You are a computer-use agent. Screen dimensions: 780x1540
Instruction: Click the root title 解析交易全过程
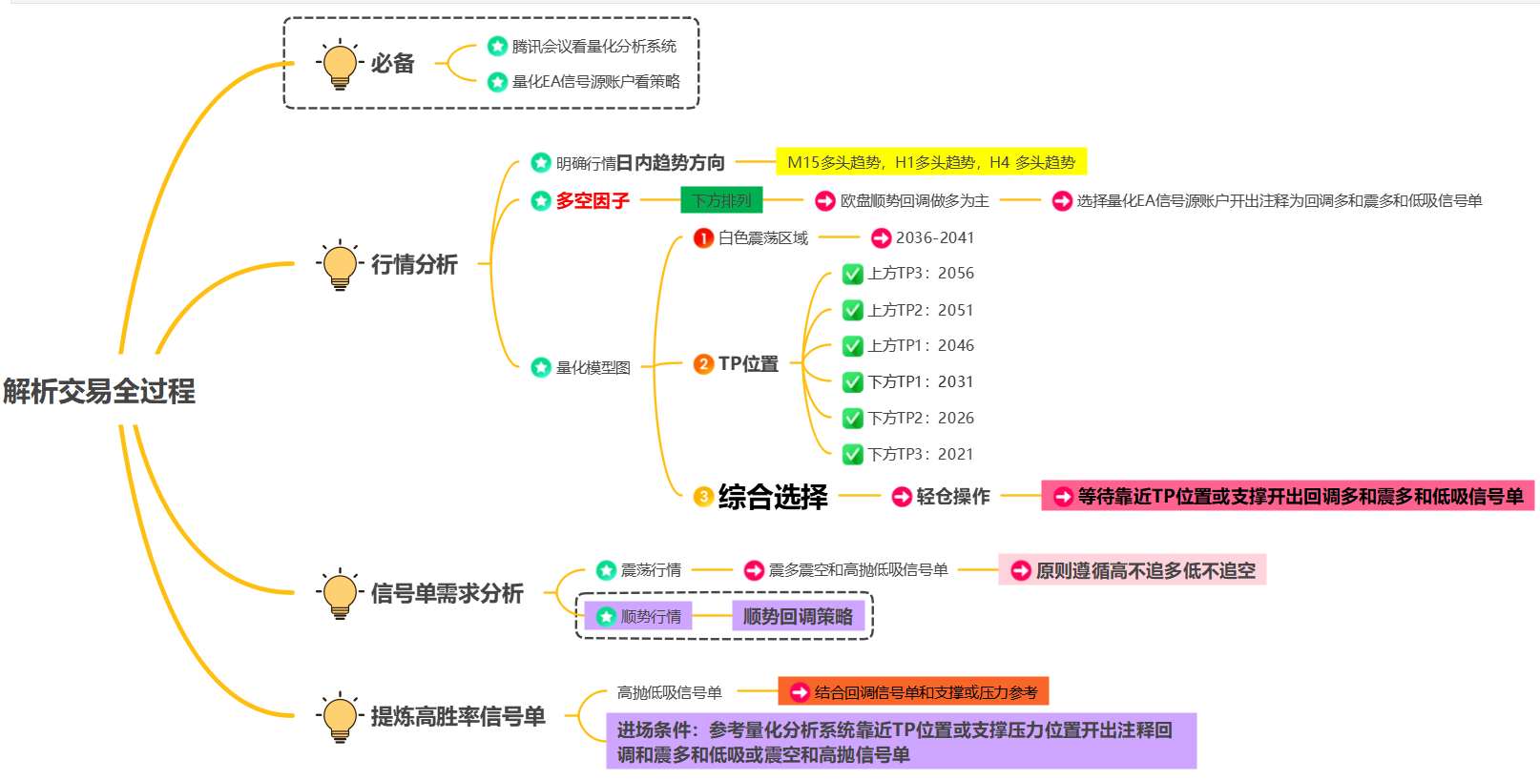pyautogui.click(x=98, y=391)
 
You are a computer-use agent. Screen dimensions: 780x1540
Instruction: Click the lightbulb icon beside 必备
pyautogui.click(x=340, y=64)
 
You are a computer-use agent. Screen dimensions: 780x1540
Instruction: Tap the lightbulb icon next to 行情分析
pyautogui.click(x=340, y=264)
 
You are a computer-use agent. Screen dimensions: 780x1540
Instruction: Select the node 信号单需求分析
pyautogui.click(x=447, y=593)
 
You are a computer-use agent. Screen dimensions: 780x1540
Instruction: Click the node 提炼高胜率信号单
pyautogui.click(x=458, y=716)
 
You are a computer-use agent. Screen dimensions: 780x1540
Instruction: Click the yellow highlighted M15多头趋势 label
pyautogui.click(x=930, y=162)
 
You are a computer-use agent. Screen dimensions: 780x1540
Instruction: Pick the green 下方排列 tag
pyautogui.click(x=721, y=200)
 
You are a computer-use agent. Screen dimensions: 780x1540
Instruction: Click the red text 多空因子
pyautogui.click(x=593, y=200)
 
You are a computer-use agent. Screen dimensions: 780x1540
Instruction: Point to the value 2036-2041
pyautogui.click(x=934, y=237)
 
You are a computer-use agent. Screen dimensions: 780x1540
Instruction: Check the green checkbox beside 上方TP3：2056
pyautogui.click(x=853, y=275)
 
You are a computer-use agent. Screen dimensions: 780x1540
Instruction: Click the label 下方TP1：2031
pyautogui.click(x=920, y=381)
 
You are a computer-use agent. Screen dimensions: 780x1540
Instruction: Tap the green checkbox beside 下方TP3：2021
pyautogui.click(x=853, y=455)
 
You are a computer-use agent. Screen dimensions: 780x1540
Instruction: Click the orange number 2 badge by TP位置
pyautogui.click(x=703, y=363)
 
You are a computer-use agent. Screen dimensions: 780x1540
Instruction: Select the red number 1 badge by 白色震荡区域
pyautogui.click(x=703, y=237)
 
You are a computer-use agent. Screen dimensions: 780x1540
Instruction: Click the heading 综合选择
pyautogui.click(x=773, y=497)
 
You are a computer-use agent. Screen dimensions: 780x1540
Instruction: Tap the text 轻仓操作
pyautogui.click(x=952, y=496)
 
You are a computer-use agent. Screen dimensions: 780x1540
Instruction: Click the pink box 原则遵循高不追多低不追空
pyautogui.click(x=1133, y=570)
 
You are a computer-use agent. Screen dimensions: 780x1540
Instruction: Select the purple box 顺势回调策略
pyautogui.click(x=798, y=616)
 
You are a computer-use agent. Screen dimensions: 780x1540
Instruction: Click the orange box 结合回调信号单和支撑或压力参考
pyautogui.click(x=914, y=692)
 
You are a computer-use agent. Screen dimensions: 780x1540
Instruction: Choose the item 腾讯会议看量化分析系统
pyautogui.click(x=593, y=46)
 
